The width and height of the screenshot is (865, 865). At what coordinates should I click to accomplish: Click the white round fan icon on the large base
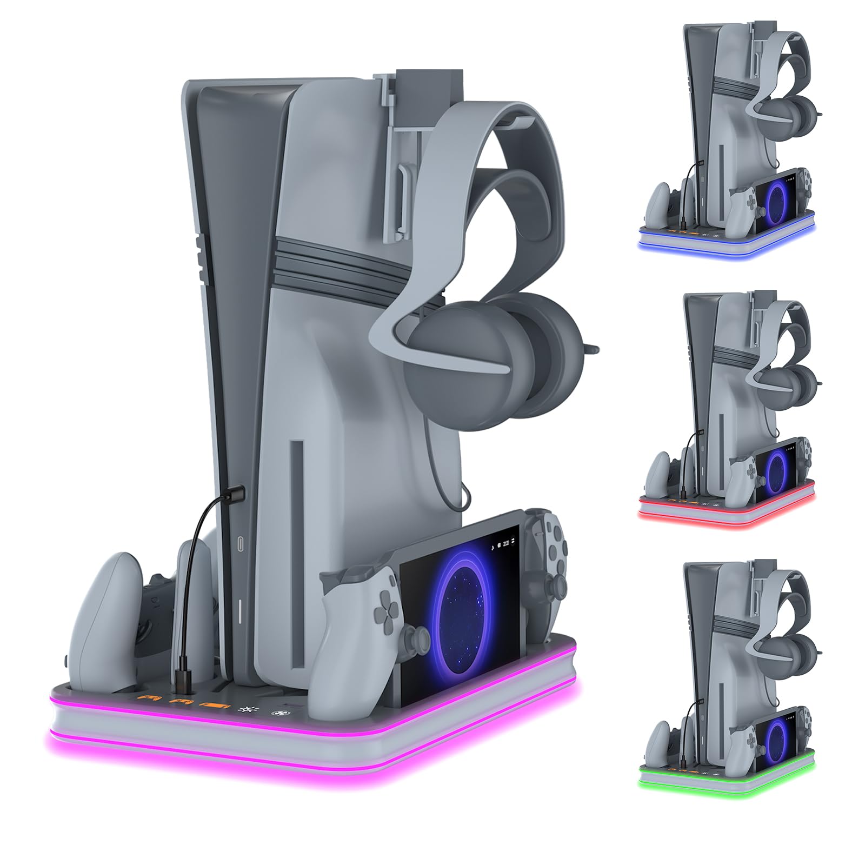281,715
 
